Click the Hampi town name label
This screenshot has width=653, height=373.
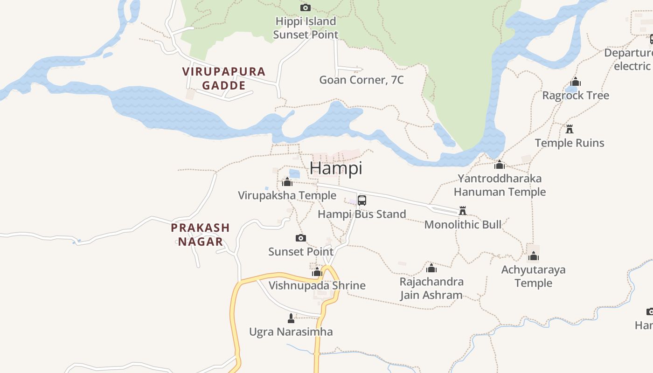[336, 168]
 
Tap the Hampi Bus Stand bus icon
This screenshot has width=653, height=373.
[362, 201]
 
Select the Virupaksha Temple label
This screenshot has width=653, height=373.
[287, 195]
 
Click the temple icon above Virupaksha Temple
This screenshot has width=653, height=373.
[287, 181]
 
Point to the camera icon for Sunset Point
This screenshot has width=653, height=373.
[301, 238]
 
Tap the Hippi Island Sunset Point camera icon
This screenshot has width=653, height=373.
[306, 7]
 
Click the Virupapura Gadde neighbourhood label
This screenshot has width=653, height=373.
[224, 78]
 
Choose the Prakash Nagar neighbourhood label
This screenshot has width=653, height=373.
[200, 235]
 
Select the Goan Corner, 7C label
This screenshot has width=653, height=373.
[361, 80]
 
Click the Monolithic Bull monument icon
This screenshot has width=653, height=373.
[463, 211]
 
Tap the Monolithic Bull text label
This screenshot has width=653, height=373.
[463, 225]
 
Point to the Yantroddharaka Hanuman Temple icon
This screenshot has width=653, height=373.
[500, 165]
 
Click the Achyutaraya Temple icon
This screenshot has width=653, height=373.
[534, 256]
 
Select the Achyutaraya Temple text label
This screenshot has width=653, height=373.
[533, 276]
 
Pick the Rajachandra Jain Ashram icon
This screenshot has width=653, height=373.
[431, 268]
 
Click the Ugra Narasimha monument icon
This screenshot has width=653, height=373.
[291, 318]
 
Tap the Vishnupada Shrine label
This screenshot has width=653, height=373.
[317, 285]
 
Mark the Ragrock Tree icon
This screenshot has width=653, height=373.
[576, 82]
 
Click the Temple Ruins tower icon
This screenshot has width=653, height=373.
[570, 129]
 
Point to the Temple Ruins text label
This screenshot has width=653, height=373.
[570, 143]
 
